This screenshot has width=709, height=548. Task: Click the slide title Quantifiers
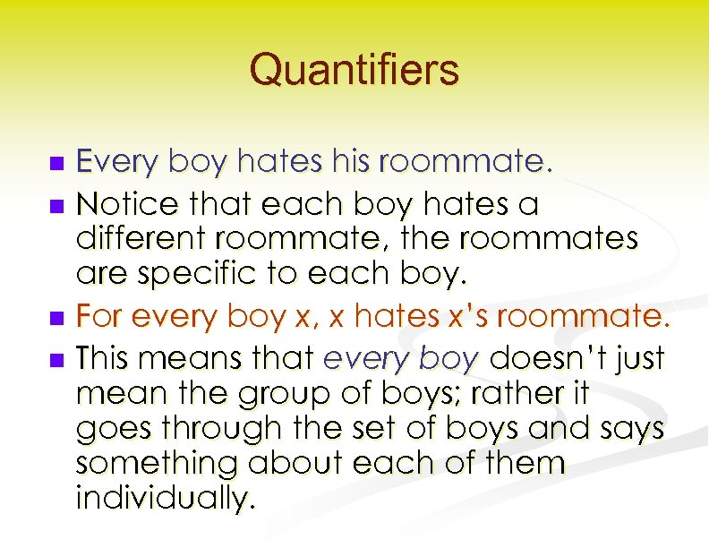(x=354, y=69)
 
